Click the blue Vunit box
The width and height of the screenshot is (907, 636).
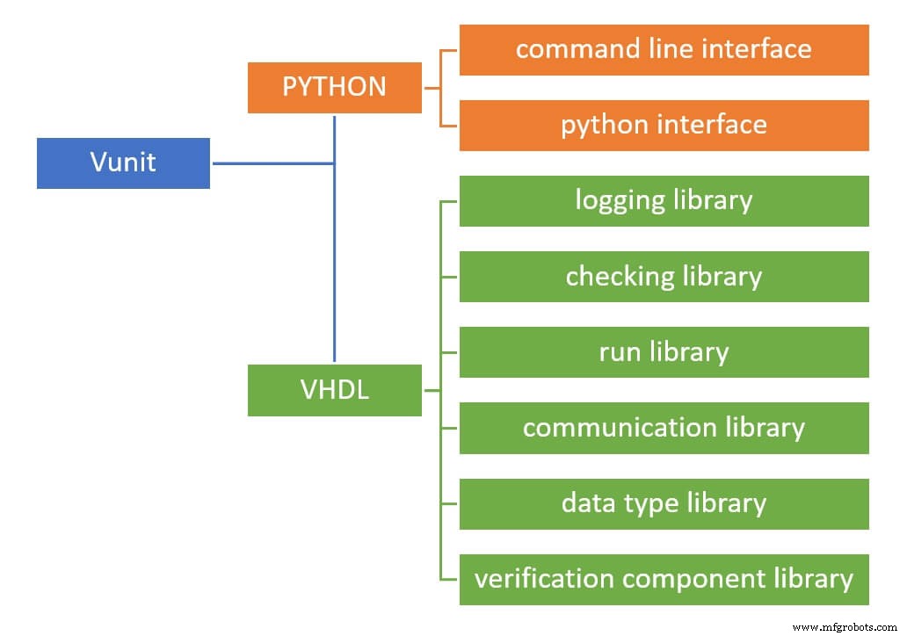pos(123,163)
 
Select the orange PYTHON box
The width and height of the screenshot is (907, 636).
pos(334,87)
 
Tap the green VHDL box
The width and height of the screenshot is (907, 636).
pos(334,390)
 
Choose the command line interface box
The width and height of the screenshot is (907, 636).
pos(664,49)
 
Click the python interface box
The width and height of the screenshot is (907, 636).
pos(664,125)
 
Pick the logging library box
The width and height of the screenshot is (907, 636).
pos(664,200)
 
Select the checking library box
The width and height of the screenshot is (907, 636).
pos(664,277)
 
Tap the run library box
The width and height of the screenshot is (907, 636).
pos(664,352)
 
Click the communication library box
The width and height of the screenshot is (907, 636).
pos(664,428)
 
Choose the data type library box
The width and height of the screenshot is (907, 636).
pos(664,503)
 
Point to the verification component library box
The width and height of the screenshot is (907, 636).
pos(664,579)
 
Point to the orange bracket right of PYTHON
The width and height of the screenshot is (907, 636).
pos(441,87)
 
